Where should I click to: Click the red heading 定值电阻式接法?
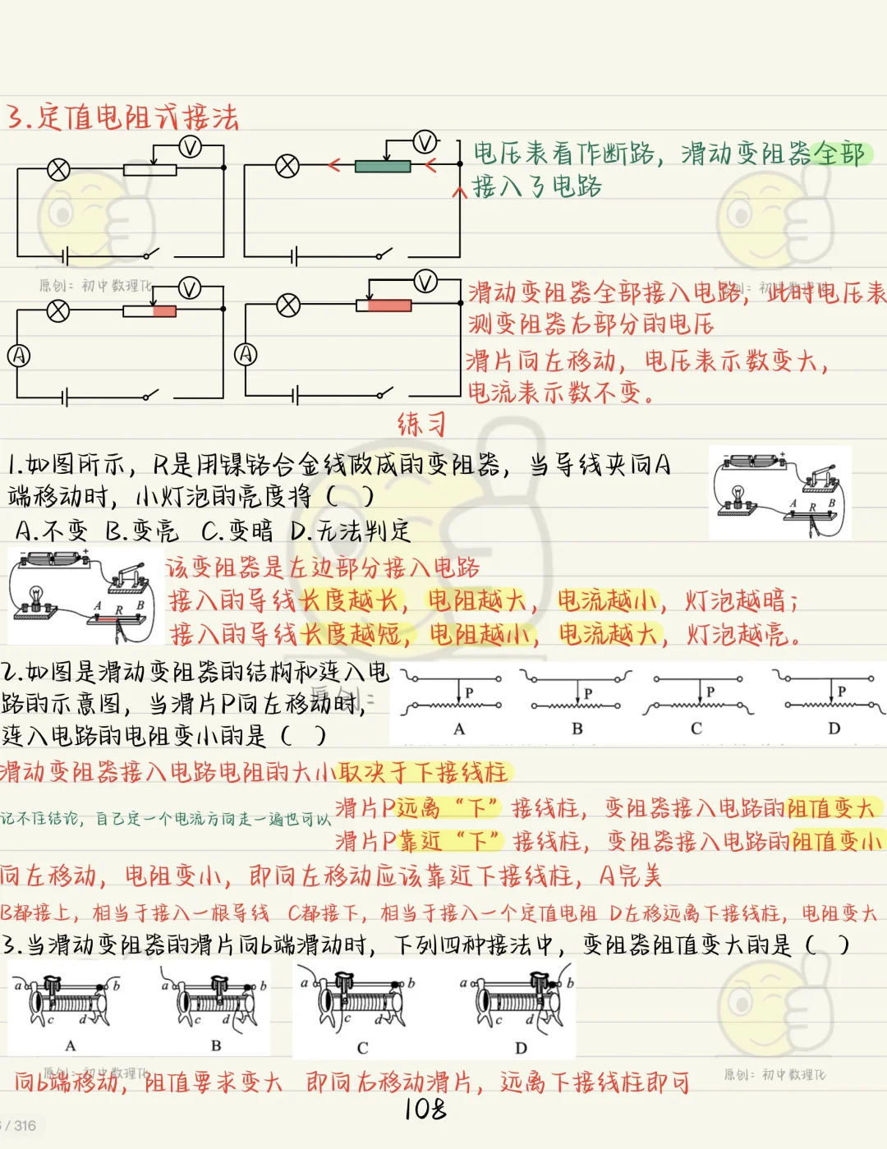[x=123, y=117]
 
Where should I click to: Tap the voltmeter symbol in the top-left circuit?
[x=190, y=147]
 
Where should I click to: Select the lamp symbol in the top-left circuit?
[x=58, y=170]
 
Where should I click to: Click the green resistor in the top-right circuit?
[x=383, y=167]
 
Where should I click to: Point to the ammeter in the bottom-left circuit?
[x=18, y=355]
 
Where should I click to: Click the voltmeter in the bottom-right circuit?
[x=425, y=282]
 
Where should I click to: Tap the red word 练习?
[x=421, y=425]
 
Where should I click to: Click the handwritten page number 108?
[x=425, y=1110]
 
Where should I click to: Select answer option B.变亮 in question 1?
[x=141, y=531]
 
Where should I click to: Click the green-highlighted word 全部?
[x=839, y=154]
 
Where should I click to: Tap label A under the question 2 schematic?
[x=459, y=728]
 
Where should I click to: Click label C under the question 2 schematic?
[x=696, y=728]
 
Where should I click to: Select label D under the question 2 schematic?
[x=834, y=728]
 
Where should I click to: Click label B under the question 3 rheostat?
[x=216, y=1046]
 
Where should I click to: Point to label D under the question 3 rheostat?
[x=521, y=1048]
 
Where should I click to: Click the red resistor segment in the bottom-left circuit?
[x=164, y=311]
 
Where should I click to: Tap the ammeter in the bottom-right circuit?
[x=246, y=354]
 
